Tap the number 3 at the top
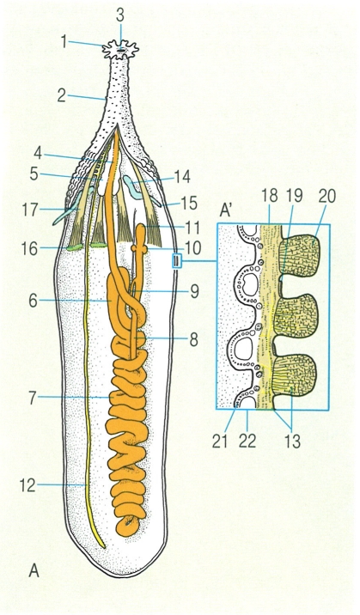[120, 15]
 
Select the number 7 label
[32, 398]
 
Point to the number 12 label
[28, 486]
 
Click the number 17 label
[30, 210]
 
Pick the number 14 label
[181, 176]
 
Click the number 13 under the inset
[292, 441]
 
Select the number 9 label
[194, 291]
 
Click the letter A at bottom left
[34, 571]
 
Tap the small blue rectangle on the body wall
[177, 260]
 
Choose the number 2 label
[62, 95]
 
